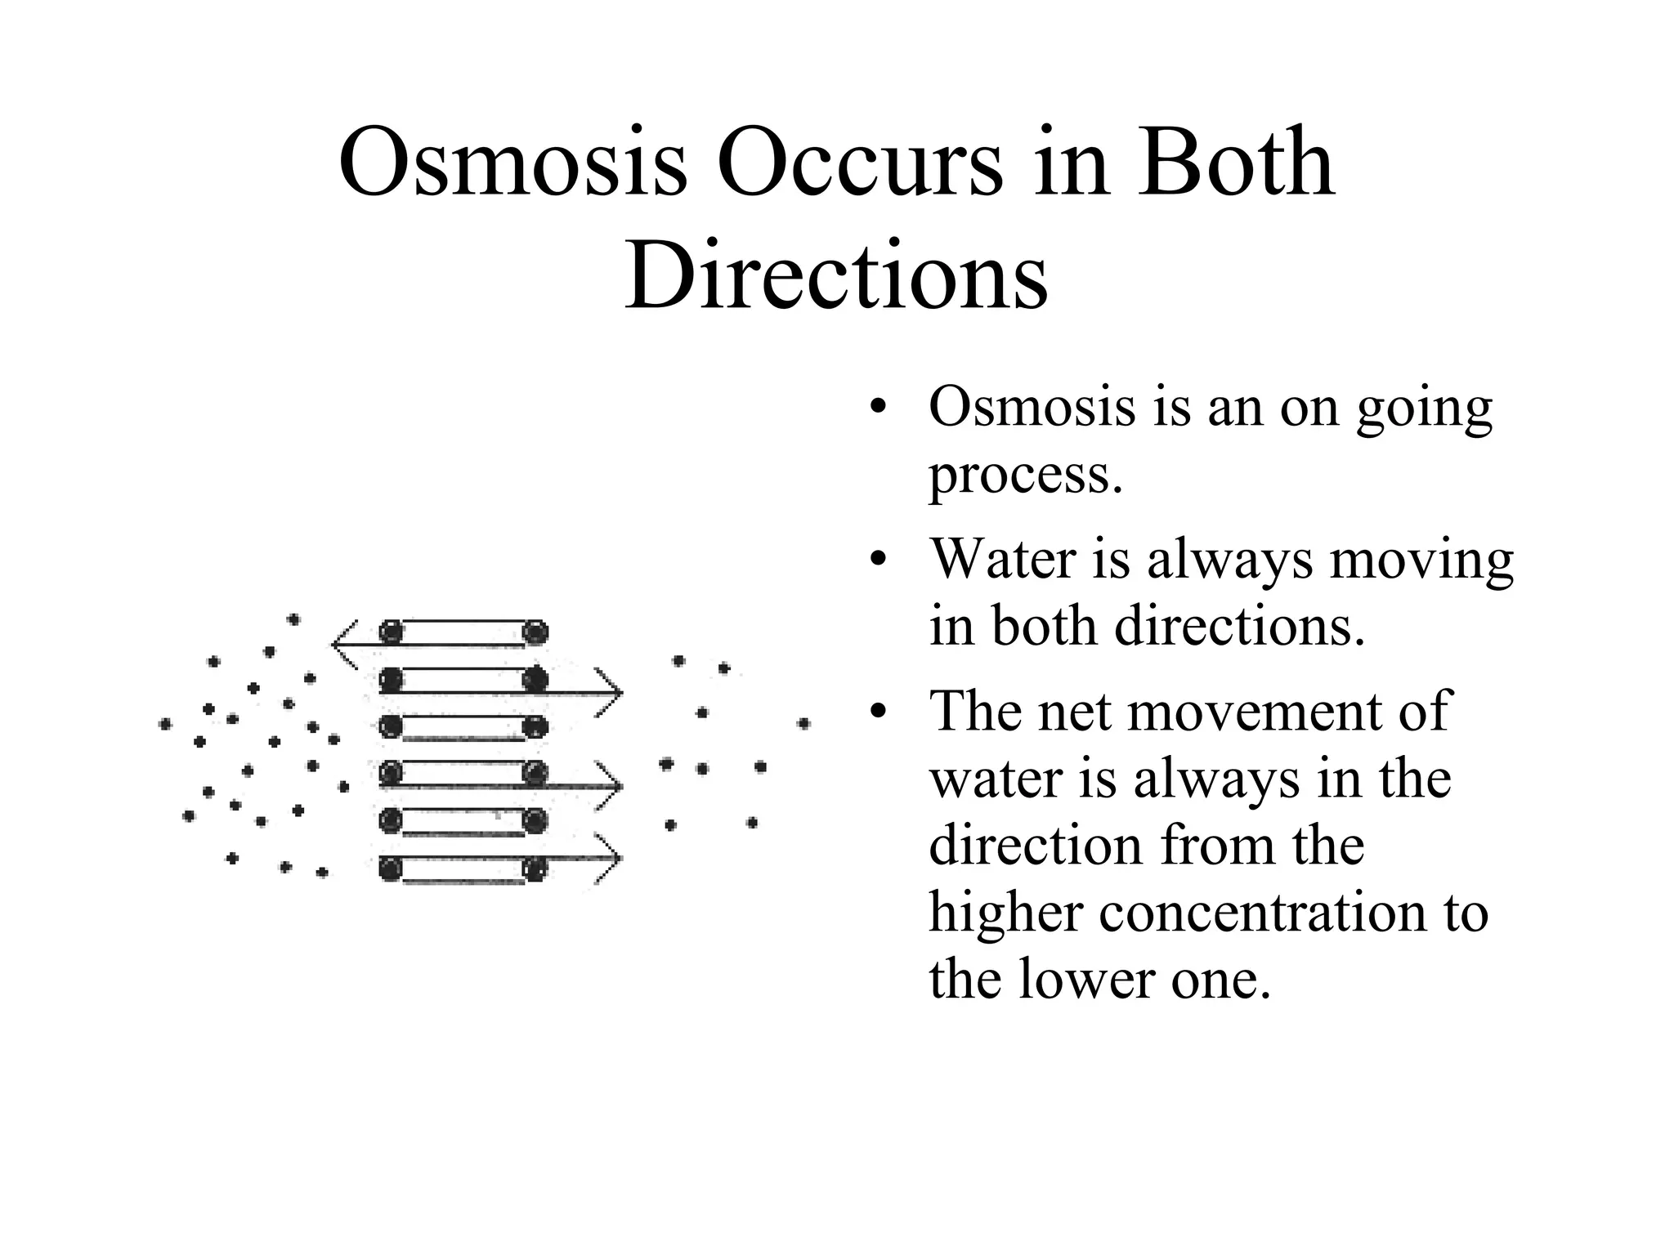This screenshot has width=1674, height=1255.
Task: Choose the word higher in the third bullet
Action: click(x=1003, y=913)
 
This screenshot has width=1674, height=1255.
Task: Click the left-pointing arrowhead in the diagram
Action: click(x=343, y=644)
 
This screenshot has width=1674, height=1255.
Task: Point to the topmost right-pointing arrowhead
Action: click(x=611, y=694)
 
